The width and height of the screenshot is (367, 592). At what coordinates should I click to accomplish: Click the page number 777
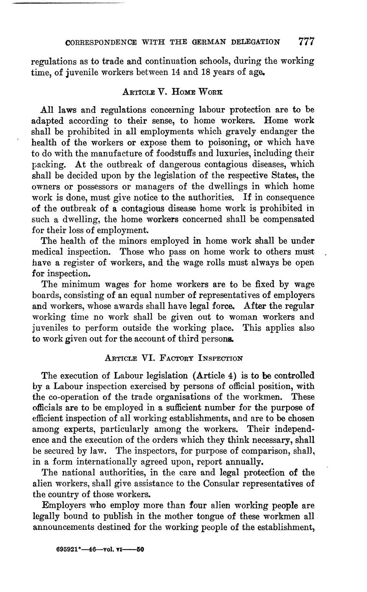306,42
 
